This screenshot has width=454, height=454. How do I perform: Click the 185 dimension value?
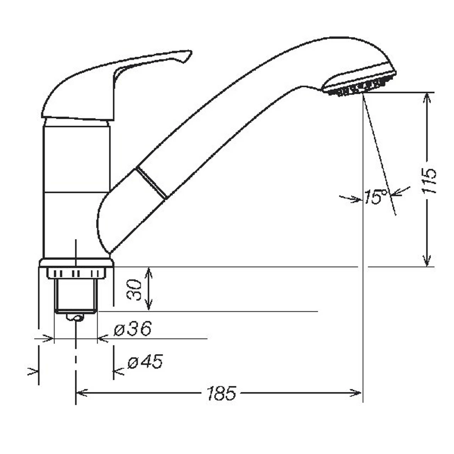(x=221, y=393)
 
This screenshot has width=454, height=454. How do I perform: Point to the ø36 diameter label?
(x=132, y=330)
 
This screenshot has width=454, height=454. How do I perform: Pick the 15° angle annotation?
(x=376, y=197)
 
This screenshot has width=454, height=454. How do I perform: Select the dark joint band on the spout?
(x=150, y=183)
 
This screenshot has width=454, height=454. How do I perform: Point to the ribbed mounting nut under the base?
(x=76, y=273)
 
